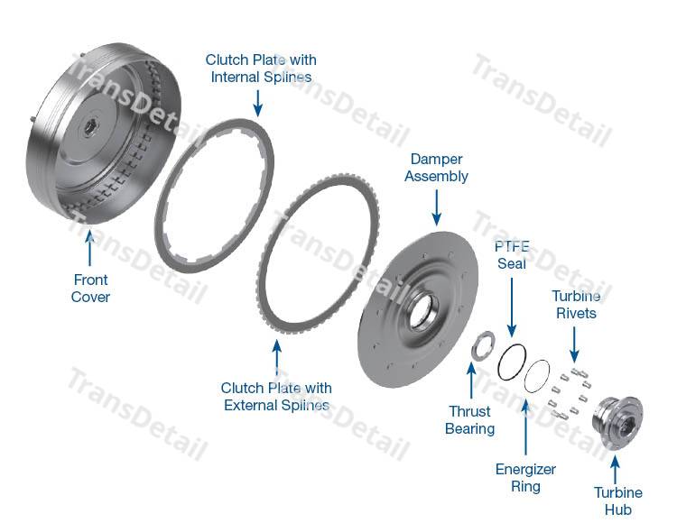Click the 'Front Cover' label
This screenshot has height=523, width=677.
90,288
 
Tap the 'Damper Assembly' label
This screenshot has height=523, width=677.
436,167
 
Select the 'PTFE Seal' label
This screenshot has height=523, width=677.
511,255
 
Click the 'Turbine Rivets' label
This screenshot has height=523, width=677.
574,304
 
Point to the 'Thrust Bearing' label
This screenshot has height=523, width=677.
469,420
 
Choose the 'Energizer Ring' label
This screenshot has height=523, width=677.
525,478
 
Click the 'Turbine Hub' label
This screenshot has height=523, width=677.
617,500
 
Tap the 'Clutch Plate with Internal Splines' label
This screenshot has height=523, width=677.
261,69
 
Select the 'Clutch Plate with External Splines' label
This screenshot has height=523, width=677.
276,397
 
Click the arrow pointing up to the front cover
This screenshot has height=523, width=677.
89,248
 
